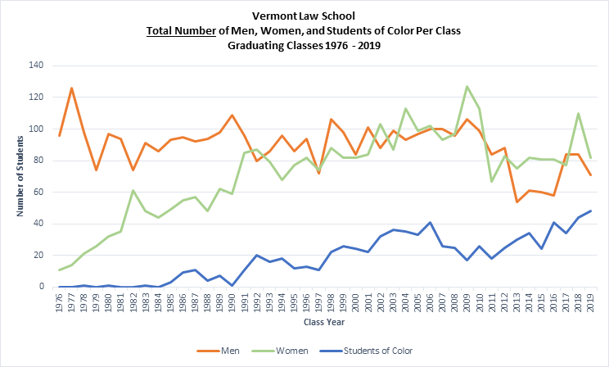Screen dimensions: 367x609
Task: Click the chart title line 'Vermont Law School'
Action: [304, 15]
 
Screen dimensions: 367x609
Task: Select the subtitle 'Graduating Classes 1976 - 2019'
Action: [304, 46]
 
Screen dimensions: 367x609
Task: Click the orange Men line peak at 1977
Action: [72, 88]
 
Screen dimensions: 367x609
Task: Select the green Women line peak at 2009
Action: [467, 86]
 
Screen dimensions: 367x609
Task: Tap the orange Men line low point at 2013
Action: [516, 202]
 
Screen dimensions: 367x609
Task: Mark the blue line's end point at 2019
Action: [589, 211]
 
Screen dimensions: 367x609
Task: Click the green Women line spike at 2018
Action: [577, 113]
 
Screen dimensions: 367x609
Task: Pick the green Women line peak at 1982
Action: [133, 190]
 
